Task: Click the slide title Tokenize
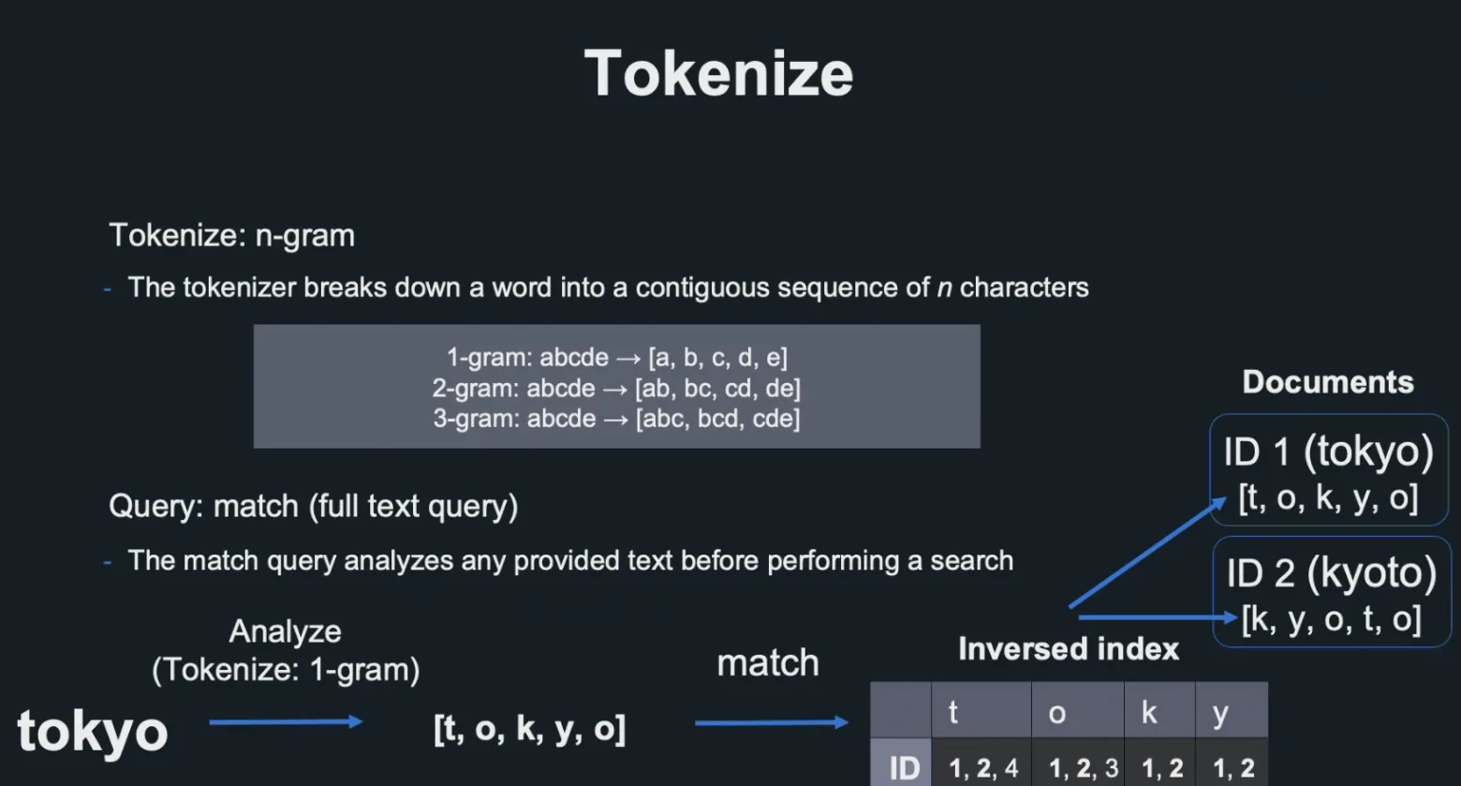(718, 74)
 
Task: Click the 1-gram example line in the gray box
(617, 358)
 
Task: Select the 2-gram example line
(616, 388)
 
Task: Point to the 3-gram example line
(616, 418)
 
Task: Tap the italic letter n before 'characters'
(944, 288)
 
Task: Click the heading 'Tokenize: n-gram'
(232, 235)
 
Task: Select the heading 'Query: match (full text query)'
(313, 506)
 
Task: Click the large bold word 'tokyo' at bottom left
(92, 732)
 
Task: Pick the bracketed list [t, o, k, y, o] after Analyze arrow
(530, 728)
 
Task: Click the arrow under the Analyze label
(286, 721)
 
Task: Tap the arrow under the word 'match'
(772, 722)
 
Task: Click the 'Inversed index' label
(1069, 649)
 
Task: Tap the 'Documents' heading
(1328, 382)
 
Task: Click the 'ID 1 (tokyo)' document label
(1329, 452)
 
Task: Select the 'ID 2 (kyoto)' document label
(1331, 573)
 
